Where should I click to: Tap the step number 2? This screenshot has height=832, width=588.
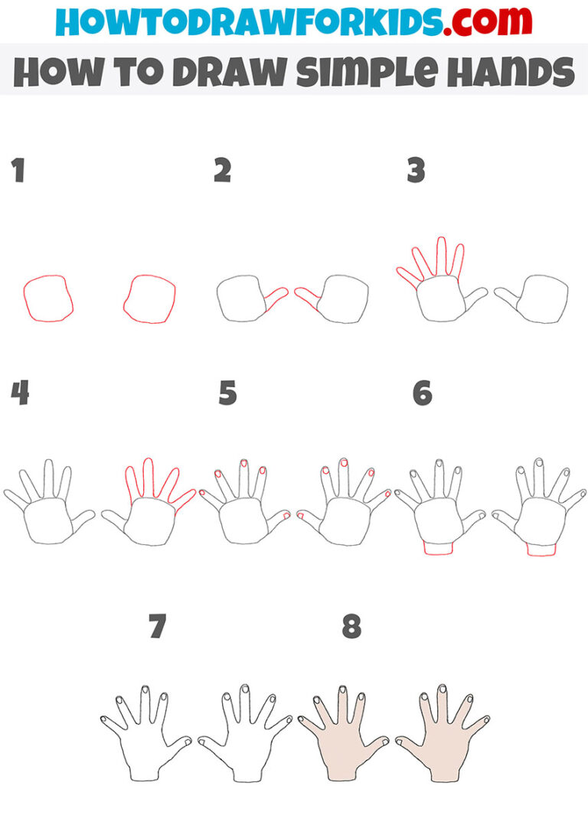(x=222, y=171)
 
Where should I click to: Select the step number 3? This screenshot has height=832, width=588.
(x=416, y=171)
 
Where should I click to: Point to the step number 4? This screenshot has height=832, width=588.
(x=19, y=393)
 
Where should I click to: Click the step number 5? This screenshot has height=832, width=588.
(x=227, y=393)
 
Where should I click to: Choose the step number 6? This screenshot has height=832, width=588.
(x=422, y=393)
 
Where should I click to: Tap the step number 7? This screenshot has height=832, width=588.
(x=158, y=627)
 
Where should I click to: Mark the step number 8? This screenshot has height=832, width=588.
(x=351, y=627)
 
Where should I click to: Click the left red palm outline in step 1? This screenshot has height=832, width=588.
(x=48, y=299)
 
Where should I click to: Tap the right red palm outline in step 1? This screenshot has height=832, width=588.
(x=149, y=299)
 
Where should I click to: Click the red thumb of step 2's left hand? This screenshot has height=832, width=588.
(x=275, y=299)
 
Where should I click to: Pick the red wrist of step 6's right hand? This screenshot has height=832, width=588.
(x=541, y=549)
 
